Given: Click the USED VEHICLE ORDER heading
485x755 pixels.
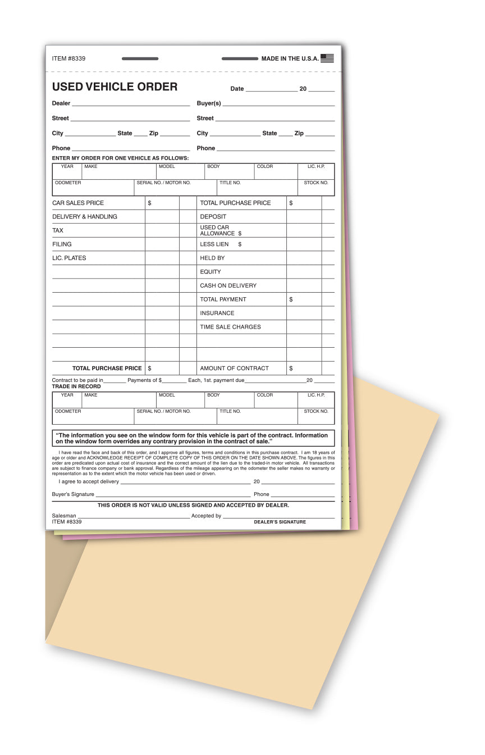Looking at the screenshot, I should tap(115, 87).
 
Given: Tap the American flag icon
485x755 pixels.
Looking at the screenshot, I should tap(327, 58).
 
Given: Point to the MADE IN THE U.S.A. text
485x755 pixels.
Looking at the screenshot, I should tap(290, 59).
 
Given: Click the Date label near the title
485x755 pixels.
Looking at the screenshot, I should tap(237, 89).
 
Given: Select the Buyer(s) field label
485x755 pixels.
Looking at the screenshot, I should tap(209, 103).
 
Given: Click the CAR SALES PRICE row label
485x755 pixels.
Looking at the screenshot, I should tap(78, 203).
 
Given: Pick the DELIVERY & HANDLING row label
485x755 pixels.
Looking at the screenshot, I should tap(85, 217).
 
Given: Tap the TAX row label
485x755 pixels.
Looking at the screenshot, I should tap(58, 230).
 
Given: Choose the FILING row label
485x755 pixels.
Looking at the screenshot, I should tap(62, 244).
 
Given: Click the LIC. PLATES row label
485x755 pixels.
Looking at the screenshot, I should tap(69, 258).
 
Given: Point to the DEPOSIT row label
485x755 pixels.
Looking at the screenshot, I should tap(213, 217).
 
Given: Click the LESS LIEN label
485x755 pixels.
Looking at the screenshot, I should tap(214, 244).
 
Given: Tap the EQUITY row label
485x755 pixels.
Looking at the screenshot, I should tap(211, 272).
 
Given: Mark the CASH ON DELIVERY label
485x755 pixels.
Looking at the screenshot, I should tap(228, 285).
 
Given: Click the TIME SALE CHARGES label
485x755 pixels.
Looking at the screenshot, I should tap(230, 327).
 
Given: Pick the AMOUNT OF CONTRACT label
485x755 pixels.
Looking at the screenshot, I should tap(234, 369).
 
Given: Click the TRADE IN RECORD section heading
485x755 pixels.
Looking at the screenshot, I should tap(76, 386).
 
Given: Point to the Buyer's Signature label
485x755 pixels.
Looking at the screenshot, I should tap(73, 494).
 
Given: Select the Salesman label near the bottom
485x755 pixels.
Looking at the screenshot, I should tap(64, 516).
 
